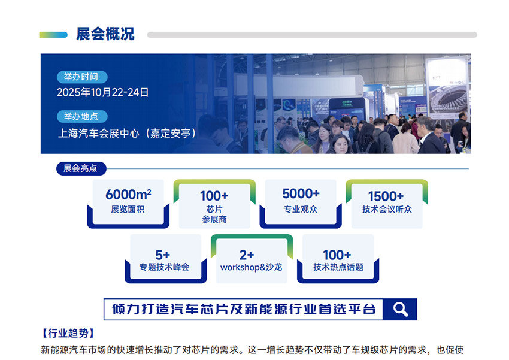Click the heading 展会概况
tap(105, 34)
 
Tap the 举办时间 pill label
tap(82, 77)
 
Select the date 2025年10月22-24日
tap(103, 92)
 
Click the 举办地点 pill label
tap(82, 116)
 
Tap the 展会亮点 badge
tap(81, 168)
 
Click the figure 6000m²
tap(128, 195)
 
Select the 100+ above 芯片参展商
tap(214, 196)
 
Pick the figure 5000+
tap(301, 194)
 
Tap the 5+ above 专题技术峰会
tap(163, 255)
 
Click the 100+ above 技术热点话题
tap(337, 255)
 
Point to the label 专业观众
tap(301, 209)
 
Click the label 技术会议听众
tap(387, 209)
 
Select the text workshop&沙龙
tap(251, 267)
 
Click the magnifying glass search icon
tap(400, 309)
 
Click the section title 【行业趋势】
tap(68, 333)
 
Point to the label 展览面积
tap(128, 209)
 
